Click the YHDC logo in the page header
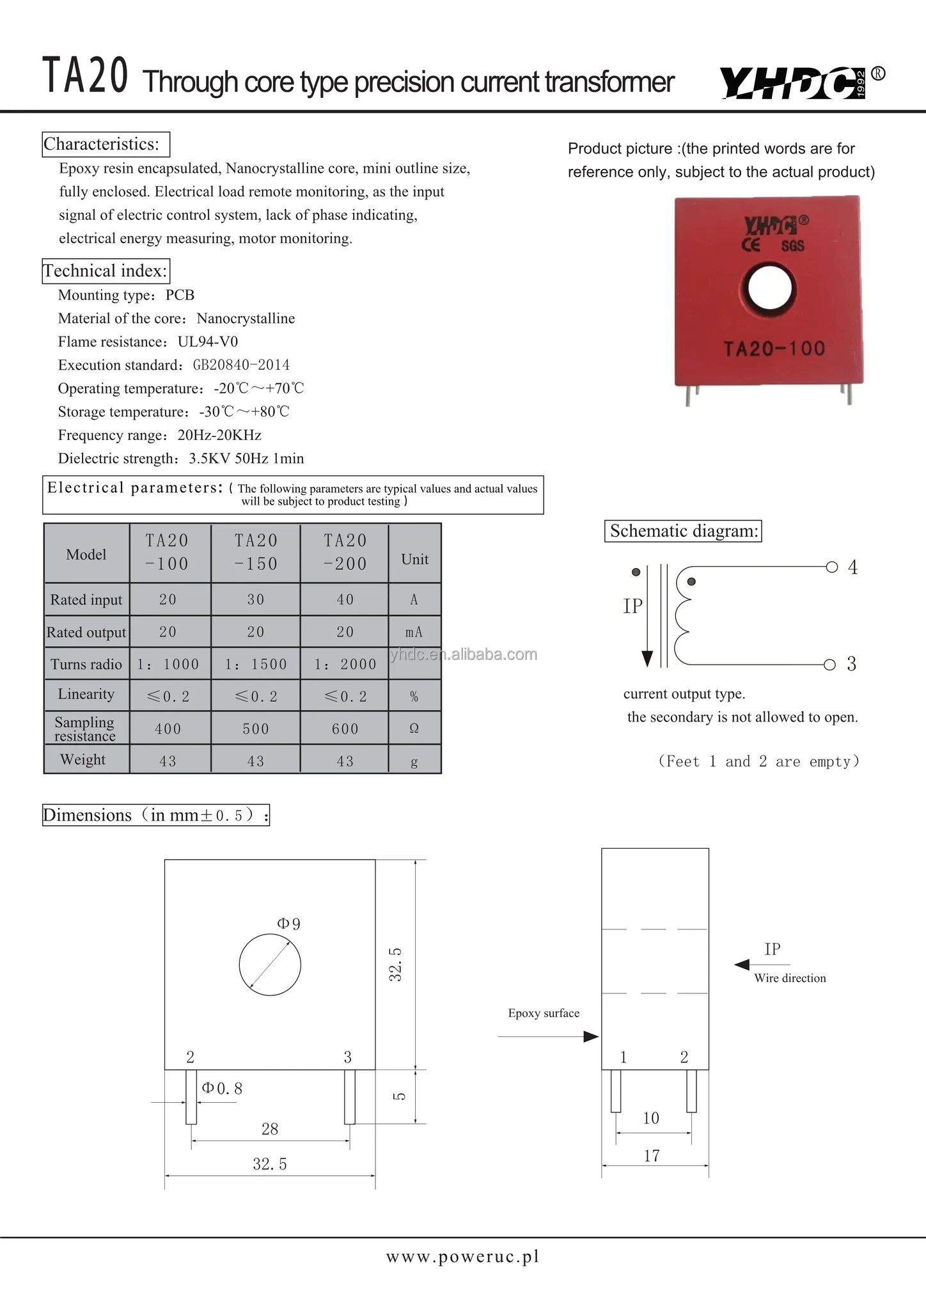tap(793, 83)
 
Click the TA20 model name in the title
tap(85, 76)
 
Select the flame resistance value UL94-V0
tap(208, 342)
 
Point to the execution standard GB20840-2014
tap(241, 365)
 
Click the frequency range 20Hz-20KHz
tap(219, 436)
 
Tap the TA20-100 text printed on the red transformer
tap(774, 349)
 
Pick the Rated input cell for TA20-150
tap(255, 599)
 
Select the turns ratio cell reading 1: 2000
tap(345, 665)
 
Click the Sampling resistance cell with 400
tap(168, 729)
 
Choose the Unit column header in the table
tap(414, 559)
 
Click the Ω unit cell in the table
tap(414, 729)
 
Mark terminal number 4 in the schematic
tap(852, 567)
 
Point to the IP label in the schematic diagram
tap(632, 606)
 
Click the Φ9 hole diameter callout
tap(288, 924)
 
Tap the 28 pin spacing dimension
tap(270, 1129)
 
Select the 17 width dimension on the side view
tap(652, 1155)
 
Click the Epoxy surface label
tap(544, 1013)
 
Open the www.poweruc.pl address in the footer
tap(462, 1257)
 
